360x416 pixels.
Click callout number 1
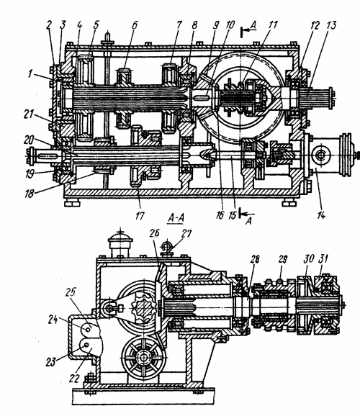click(x=30, y=74)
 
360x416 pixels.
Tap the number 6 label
click(x=135, y=25)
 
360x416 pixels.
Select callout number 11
click(x=272, y=24)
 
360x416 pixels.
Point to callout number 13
click(x=330, y=25)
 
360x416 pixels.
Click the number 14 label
click(x=320, y=215)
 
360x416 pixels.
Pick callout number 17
click(x=140, y=216)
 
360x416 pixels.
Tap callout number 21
click(x=27, y=114)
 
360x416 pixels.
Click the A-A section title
click(x=176, y=218)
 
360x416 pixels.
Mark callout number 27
click(x=186, y=234)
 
